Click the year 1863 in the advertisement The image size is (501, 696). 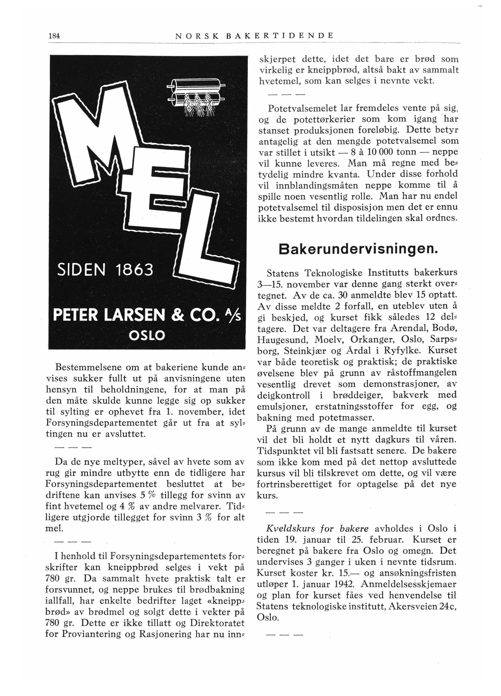[x=135, y=270]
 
